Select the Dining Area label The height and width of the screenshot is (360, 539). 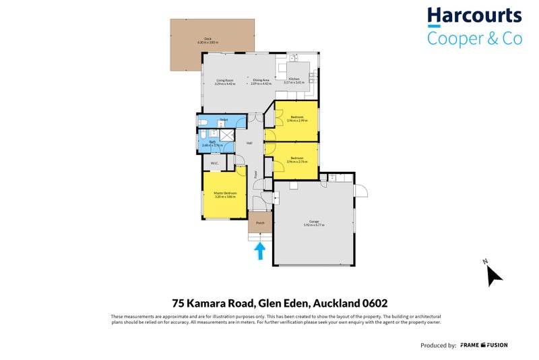260,82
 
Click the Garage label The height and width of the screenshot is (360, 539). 314,222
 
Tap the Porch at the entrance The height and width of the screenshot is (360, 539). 259,222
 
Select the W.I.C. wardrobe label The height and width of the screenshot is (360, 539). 214,163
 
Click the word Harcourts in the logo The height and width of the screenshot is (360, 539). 474,16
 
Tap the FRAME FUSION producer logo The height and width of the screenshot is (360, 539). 484,345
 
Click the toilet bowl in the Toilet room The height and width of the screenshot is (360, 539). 203,122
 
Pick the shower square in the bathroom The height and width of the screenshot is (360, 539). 226,134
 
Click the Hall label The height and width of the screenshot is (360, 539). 249,143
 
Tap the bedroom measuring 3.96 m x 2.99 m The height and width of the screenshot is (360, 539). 296,119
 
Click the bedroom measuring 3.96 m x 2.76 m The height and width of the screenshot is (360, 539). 296,161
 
